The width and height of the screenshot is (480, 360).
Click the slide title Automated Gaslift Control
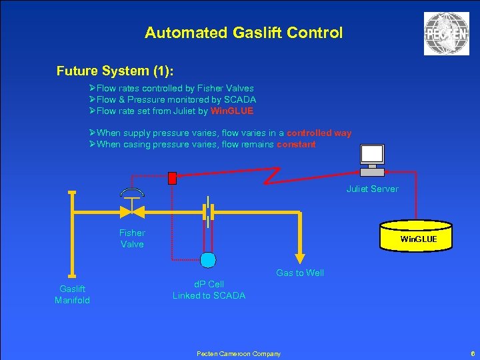pyautogui.click(x=243, y=33)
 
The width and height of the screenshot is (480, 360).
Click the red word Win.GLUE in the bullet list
pyautogui.click(x=232, y=111)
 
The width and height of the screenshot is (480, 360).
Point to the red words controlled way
pyautogui.click(x=319, y=133)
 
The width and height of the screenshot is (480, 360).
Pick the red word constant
pyautogui.click(x=296, y=144)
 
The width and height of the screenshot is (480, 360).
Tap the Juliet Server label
pyautogui.click(x=372, y=189)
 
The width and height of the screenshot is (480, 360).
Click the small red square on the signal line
pyautogui.click(x=173, y=178)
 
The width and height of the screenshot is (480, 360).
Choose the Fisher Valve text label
pyautogui.click(x=132, y=238)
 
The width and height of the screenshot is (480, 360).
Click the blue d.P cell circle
pyautogui.click(x=209, y=259)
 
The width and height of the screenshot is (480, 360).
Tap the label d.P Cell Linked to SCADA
pyautogui.click(x=209, y=290)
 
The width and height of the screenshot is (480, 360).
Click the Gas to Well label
pyautogui.click(x=300, y=273)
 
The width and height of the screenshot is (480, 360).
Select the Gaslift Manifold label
pyautogui.click(x=72, y=295)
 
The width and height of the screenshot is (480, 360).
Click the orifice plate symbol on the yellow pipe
pyautogui.click(x=209, y=212)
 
